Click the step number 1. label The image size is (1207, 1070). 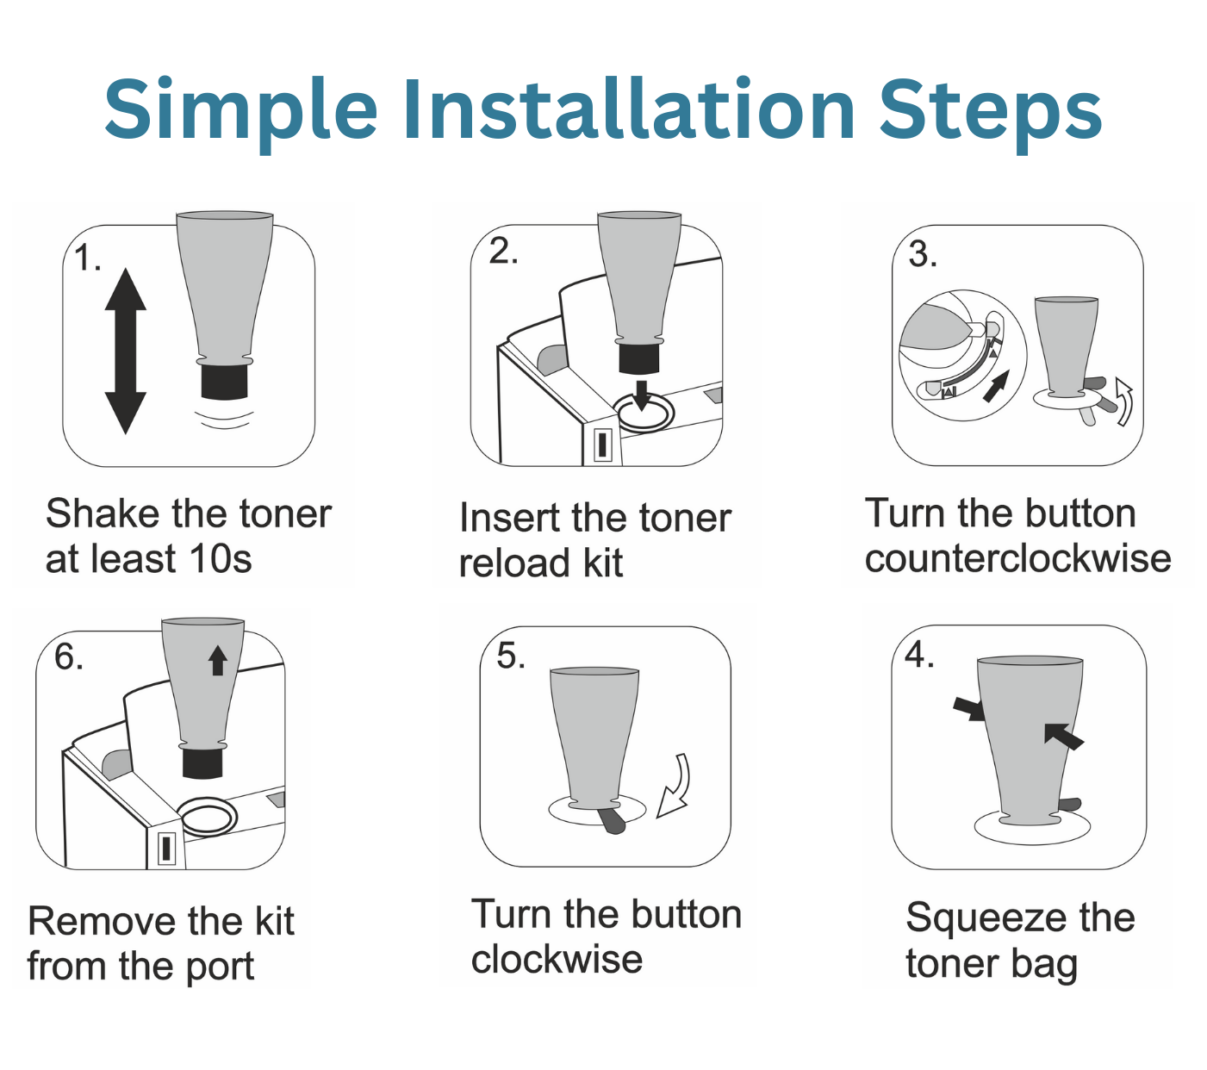(87, 258)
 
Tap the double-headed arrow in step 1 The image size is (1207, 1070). (126, 351)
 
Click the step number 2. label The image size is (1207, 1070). (503, 251)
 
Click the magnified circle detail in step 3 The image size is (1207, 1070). (962, 355)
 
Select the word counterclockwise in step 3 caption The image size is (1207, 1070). (1017, 559)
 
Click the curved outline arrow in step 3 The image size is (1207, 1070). (1124, 401)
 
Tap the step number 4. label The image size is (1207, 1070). (919, 655)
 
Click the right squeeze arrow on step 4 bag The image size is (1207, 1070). (1063, 736)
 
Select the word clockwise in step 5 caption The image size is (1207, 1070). (557, 960)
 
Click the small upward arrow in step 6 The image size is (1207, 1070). (218, 661)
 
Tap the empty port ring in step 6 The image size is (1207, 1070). (207, 815)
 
